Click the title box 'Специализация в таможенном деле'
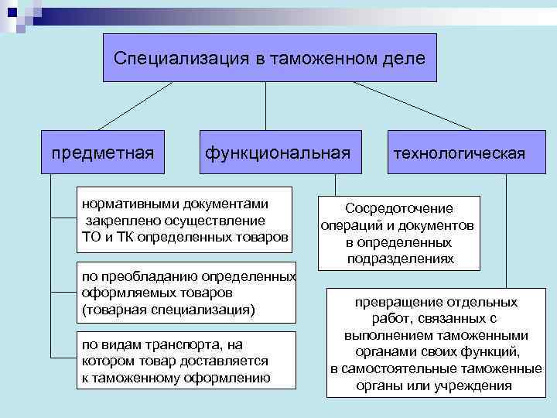(270, 58)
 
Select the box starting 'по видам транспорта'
(176, 360)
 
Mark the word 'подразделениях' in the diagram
(400, 259)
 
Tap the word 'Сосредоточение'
(400, 209)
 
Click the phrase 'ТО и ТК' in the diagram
(100, 235)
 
